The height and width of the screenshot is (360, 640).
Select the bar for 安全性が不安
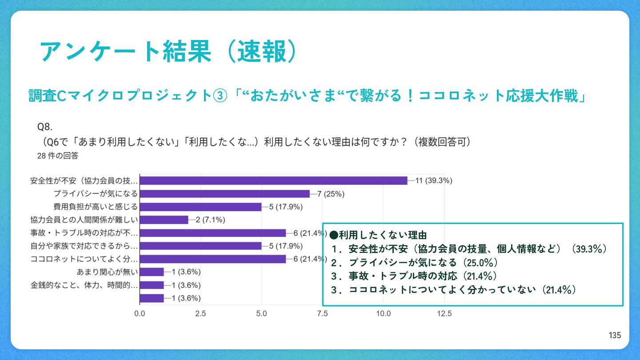273,180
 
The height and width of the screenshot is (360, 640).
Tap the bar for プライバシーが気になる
225,194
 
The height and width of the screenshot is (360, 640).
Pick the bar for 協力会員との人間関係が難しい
164,220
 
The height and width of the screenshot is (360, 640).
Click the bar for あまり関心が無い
152,272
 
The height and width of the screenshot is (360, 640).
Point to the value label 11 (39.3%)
433,180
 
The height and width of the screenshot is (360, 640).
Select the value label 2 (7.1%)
211,220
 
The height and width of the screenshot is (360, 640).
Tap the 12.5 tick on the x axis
444,313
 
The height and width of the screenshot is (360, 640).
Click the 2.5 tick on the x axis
200,313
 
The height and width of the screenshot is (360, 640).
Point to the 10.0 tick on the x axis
384,313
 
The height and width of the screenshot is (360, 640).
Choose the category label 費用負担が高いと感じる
96,207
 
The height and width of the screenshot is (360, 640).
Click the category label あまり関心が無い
108,272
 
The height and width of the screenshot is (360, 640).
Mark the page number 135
615,336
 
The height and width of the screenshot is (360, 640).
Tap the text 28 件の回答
58,156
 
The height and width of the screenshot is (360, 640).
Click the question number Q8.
46,127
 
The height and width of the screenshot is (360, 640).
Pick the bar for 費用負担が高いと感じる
200,207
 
